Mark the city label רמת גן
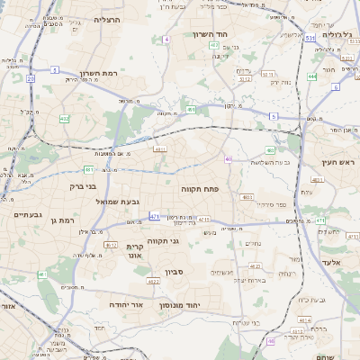click(x=68, y=220)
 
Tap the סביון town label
click(x=175, y=270)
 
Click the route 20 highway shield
click(x=30, y=79)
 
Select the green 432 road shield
click(x=64, y=118)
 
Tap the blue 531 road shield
click(x=309, y=39)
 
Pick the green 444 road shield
click(x=311, y=76)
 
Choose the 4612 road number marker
click(x=244, y=78)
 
